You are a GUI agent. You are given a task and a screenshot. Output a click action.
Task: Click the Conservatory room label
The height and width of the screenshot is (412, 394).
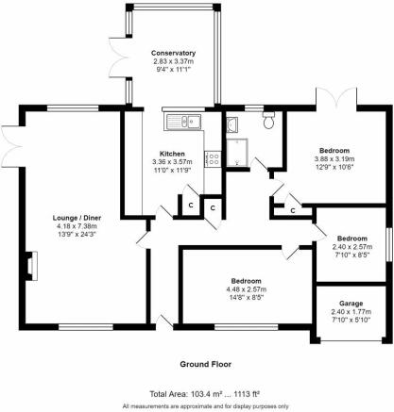(x=173, y=53)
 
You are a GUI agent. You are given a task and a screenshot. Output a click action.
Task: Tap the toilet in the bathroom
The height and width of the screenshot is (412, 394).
(x=268, y=120)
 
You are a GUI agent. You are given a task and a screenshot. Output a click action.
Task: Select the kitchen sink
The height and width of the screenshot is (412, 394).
(x=182, y=122)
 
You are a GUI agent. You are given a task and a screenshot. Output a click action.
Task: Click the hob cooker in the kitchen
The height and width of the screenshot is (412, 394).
(x=213, y=158)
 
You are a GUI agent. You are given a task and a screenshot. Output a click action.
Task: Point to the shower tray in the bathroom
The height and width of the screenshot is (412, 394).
(x=237, y=153)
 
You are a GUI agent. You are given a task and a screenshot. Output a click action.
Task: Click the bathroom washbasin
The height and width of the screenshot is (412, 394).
(x=232, y=124)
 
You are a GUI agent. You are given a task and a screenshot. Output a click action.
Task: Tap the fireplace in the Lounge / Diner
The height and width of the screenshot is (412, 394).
(x=32, y=266)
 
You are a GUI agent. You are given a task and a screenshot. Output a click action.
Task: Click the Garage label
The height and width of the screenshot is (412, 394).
(x=351, y=304)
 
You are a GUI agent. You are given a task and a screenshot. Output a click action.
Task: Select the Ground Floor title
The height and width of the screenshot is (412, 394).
(x=205, y=364)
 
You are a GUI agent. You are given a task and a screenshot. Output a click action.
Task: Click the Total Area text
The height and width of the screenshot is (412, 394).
(x=204, y=394)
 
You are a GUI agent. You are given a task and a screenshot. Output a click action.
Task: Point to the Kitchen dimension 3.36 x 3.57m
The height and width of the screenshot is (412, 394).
(x=172, y=162)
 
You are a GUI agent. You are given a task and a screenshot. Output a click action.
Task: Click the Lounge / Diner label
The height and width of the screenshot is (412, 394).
(x=77, y=218)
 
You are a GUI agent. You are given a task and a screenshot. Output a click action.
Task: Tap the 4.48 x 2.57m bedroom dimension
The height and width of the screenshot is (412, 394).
(x=247, y=289)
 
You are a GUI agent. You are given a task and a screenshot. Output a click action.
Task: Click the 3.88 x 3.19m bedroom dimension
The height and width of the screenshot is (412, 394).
(x=334, y=159)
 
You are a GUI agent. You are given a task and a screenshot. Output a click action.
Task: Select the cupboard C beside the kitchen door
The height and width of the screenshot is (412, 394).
(x=191, y=206)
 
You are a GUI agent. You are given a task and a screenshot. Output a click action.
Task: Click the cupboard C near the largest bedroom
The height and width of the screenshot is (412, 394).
(x=293, y=210)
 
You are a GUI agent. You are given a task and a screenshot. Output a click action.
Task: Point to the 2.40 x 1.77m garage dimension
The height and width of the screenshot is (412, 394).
(x=351, y=312)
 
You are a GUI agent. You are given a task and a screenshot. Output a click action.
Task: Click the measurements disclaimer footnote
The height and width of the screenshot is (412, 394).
(x=206, y=406)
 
